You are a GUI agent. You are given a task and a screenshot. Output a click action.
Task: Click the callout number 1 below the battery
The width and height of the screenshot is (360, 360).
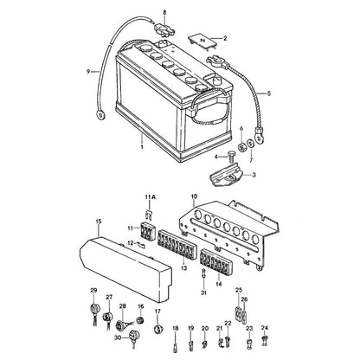[142, 147]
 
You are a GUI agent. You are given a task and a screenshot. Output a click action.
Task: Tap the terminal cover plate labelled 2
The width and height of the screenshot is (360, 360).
[203, 42]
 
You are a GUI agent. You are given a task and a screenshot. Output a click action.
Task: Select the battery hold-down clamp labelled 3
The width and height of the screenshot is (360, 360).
[226, 176]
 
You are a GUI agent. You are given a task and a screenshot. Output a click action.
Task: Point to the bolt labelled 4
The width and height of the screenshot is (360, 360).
[231, 156]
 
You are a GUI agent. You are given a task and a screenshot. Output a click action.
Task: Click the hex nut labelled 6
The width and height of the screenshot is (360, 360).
[241, 147]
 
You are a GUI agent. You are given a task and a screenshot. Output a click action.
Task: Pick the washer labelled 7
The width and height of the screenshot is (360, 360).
[251, 144]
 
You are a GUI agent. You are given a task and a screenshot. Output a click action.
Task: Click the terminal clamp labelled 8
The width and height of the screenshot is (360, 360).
[164, 29]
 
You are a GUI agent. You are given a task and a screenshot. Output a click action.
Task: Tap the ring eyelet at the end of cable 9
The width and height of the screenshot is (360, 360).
[100, 115]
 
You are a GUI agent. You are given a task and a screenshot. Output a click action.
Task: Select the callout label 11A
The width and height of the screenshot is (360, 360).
[151, 197]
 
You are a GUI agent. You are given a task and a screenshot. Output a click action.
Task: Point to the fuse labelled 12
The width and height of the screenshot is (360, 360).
[141, 245]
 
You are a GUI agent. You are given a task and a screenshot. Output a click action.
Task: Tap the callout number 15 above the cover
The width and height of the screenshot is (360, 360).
[99, 222]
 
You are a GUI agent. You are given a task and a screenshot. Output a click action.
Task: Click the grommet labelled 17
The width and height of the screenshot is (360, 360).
[157, 329]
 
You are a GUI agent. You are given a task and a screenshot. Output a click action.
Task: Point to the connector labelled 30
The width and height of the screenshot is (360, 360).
[134, 337]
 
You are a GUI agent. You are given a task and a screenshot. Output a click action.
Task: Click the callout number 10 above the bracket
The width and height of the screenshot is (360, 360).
[194, 196]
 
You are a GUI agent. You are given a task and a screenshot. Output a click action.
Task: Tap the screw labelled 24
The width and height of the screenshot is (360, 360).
[264, 341]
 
